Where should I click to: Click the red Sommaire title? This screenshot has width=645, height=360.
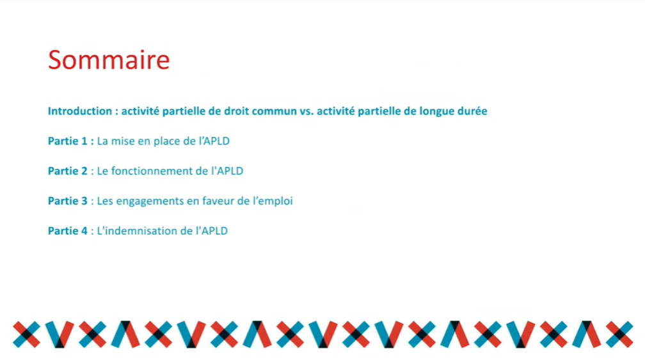tap(109, 60)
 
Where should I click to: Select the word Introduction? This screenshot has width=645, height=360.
tap(80, 111)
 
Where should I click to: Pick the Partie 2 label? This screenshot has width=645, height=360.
tap(68, 171)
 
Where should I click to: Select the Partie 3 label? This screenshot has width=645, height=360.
tap(68, 201)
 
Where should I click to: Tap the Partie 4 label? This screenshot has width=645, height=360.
tap(68, 231)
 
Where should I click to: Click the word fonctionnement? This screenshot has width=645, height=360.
tap(152, 171)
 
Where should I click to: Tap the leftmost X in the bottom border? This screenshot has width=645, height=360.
tap(27, 334)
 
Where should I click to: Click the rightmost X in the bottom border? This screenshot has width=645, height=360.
tap(619, 334)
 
